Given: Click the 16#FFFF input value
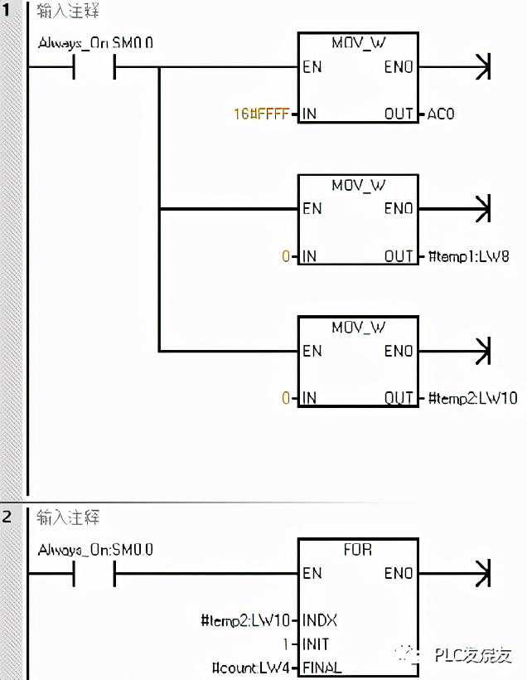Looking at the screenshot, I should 261,114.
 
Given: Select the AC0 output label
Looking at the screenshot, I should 440,114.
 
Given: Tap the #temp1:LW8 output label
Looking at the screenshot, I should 467,256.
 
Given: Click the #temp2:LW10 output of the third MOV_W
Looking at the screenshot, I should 471,398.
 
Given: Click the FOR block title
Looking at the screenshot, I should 358,550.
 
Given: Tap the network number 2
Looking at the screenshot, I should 7,517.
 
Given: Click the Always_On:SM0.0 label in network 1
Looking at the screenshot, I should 95,41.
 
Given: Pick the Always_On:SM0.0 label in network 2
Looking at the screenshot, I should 95,549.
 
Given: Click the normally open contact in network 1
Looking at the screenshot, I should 94,66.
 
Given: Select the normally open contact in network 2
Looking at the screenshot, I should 94,573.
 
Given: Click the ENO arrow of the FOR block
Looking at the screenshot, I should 481,573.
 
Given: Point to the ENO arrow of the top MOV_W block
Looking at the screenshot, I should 481,66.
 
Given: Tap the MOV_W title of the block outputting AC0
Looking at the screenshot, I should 358,43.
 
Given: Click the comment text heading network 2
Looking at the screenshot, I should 68,517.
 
